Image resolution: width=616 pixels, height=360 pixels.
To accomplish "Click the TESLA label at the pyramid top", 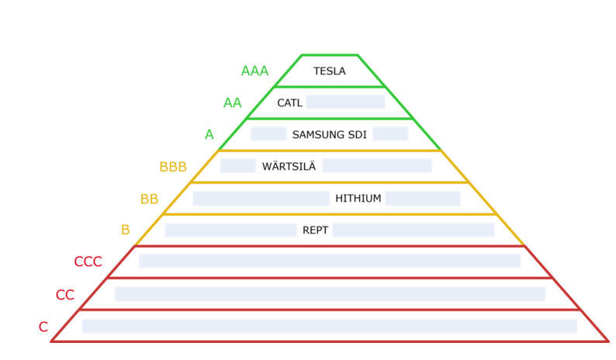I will tap(329, 71).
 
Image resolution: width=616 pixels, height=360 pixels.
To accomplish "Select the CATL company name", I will tap(289, 102).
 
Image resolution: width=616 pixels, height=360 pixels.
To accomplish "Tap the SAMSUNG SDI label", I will tap(329, 134).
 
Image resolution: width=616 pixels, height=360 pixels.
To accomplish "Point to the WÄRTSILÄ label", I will tap(288, 166).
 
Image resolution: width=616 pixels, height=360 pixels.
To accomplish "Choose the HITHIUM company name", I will tap(358, 199).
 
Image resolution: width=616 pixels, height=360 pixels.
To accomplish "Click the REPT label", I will tap(314, 230).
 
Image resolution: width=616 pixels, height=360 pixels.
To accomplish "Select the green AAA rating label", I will tap(254, 71).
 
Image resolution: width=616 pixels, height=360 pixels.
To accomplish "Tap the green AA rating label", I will tap(232, 103).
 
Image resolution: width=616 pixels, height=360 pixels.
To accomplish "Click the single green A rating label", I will tap(209, 135).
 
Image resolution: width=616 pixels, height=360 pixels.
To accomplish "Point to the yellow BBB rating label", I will tap(173, 167).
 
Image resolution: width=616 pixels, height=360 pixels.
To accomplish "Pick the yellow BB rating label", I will tap(149, 199).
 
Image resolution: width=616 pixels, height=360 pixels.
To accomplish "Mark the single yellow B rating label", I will tap(125, 230).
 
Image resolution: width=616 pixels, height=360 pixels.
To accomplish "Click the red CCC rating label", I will tap(88, 262).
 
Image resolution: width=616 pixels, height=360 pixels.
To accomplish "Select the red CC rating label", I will tap(65, 295).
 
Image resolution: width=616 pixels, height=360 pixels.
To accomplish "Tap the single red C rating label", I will tap(43, 327).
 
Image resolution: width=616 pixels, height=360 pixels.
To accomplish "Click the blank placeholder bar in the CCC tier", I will tap(329, 261).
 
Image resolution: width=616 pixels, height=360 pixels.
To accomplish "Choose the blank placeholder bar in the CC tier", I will tap(329, 294).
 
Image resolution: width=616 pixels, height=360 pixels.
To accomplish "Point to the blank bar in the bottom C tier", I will tap(329, 326).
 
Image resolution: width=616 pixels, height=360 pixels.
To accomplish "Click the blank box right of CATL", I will tap(345, 102).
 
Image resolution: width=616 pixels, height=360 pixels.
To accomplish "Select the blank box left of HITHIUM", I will tap(261, 199).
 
